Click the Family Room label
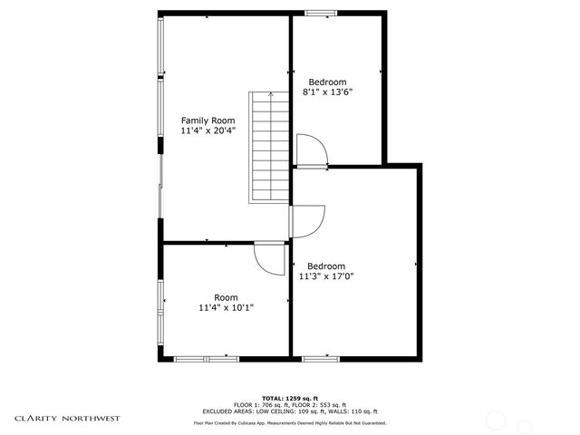208,121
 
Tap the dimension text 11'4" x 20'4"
208,131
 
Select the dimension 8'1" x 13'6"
327,92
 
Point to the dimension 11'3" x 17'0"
325,276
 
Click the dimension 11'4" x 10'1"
226,308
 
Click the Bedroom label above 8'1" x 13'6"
327,82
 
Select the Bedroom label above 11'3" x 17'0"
325,266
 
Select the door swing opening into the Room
269,257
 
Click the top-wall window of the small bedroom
319,14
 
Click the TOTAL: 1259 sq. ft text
290,399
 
